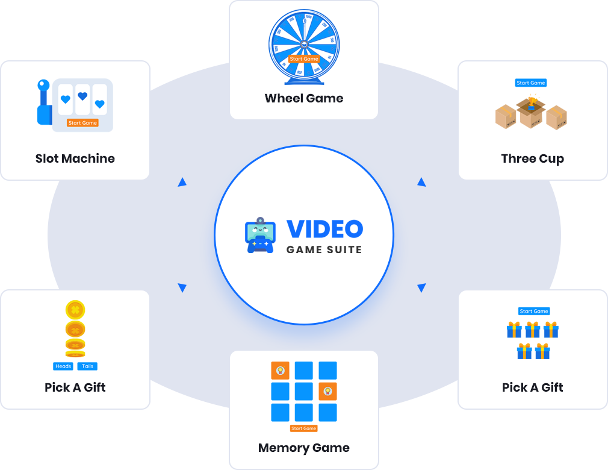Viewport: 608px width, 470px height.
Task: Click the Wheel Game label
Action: click(x=304, y=98)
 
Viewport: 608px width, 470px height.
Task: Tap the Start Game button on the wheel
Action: click(x=304, y=59)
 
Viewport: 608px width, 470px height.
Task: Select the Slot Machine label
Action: click(x=75, y=158)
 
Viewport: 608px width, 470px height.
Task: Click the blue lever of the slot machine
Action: click(x=44, y=102)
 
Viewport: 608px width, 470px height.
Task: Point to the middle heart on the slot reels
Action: click(x=82, y=96)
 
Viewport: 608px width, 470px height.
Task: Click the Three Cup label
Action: click(x=533, y=158)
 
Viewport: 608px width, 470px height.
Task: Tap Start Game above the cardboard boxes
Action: click(x=531, y=83)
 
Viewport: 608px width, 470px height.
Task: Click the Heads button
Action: click(x=63, y=366)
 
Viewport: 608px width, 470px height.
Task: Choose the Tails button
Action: click(x=87, y=366)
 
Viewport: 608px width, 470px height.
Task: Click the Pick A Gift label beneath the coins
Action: click(x=75, y=387)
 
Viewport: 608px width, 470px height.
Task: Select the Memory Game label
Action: click(x=304, y=448)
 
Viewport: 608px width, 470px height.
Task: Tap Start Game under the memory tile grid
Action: click(x=304, y=428)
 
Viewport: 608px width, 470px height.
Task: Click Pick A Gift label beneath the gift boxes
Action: click(x=533, y=387)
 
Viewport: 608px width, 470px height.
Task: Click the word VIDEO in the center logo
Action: click(x=324, y=229)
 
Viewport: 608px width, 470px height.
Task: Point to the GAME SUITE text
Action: click(x=324, y=249)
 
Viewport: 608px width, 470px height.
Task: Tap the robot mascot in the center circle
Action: click(x=261, y=235)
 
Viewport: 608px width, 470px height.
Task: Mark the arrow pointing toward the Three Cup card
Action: click(x=422, y=182)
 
